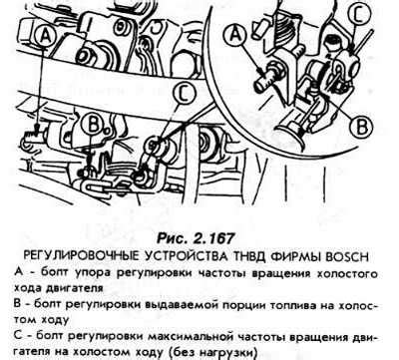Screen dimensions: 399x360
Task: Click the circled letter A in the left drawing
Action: (46, 36)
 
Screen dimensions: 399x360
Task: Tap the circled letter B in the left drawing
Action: (94, 125)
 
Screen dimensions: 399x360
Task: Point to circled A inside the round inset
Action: (235, 36)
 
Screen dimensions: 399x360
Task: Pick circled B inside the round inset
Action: (362, 126)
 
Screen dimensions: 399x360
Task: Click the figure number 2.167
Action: (213, 238)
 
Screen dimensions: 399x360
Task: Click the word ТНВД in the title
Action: (246, 257)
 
